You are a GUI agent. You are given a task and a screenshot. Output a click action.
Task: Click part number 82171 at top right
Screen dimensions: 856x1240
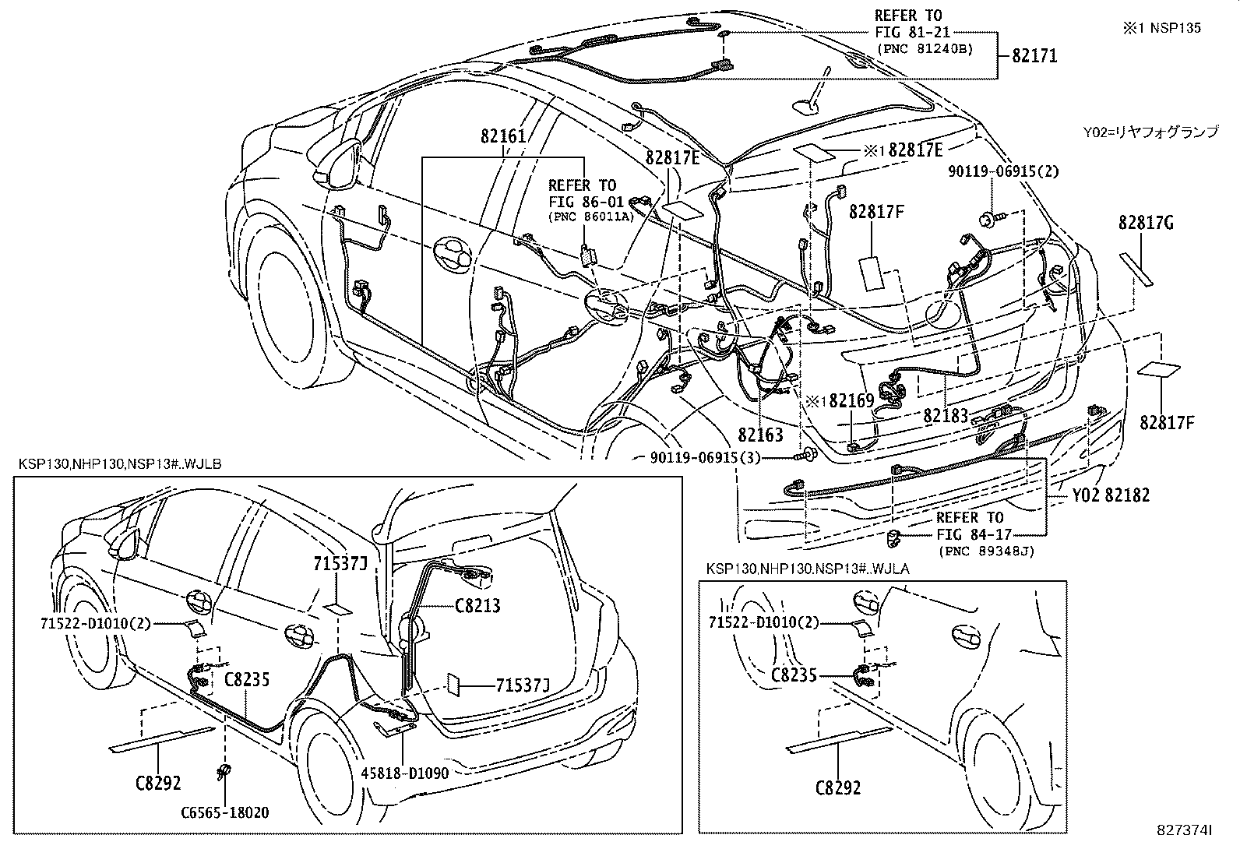(x=1034, y=56)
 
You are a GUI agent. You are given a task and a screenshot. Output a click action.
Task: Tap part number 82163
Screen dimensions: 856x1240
(x=760, y=435)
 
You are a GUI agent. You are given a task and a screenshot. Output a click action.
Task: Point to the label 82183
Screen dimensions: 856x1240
(x=945, y=415)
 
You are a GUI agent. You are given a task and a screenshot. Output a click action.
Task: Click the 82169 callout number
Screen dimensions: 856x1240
(x=851, y=401)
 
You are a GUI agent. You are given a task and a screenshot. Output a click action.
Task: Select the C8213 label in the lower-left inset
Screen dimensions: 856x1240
(x=477, y=605)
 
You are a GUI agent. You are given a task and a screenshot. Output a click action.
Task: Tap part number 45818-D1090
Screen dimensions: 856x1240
(x=403, y=773)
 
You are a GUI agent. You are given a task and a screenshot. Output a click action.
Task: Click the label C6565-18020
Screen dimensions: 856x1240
(x=224, y=812)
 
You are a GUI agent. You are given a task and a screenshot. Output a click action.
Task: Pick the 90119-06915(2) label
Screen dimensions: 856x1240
(x=1003, y=171)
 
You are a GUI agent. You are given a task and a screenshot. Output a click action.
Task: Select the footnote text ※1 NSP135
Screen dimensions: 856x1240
(x=1161, y=28)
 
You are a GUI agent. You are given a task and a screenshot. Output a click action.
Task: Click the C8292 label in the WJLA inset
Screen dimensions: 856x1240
(x=838, y=787)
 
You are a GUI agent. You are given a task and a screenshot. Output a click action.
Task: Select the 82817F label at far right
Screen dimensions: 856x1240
(x=1167, y=423)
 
